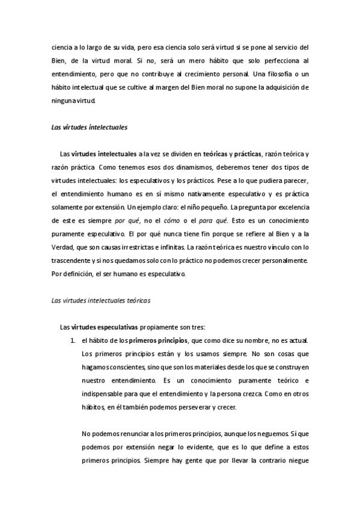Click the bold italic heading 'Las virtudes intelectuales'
click(x=88, y=128)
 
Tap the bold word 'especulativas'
click(x=117, y=327)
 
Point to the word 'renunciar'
click(x=129, y=434)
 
